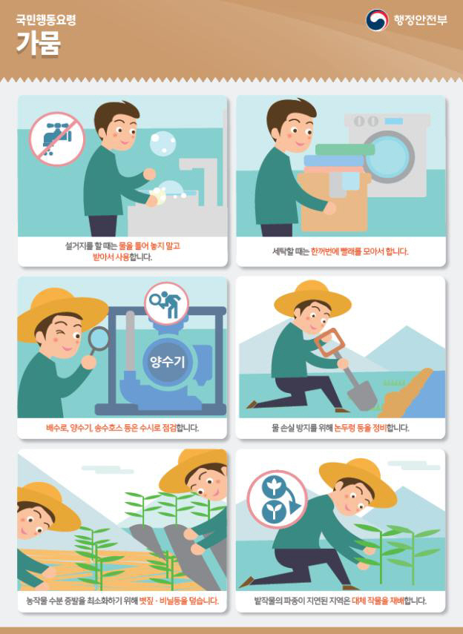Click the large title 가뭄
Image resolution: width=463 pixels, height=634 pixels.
39,43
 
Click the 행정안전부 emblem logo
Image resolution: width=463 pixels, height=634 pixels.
377,20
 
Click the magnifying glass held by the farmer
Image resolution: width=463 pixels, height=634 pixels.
99,340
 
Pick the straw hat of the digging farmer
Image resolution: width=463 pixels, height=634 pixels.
312,297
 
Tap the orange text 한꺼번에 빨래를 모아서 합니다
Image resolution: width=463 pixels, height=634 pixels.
359,251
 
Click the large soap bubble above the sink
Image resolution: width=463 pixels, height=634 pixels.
163,142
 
